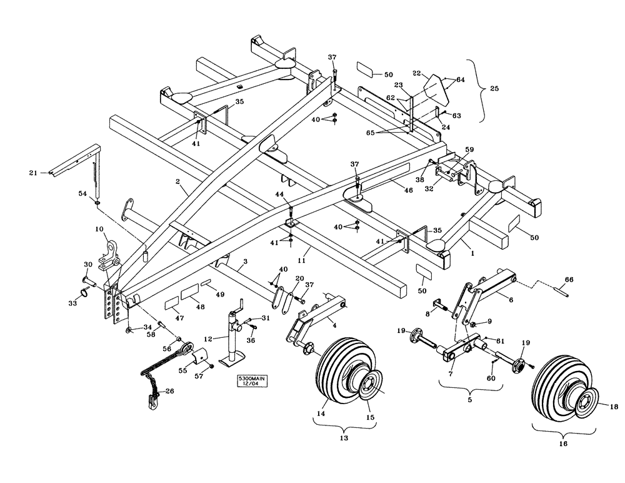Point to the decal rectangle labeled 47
172,304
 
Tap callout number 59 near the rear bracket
469,150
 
